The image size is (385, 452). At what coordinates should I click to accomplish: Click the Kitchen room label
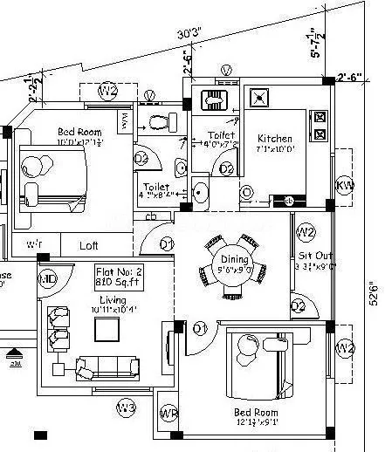pyautogui.click(x=274, y=139)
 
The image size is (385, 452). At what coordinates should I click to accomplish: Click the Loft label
pyautogui.click(x=89, y=246)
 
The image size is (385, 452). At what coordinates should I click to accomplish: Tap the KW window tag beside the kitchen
pyautogui.click(x=344, y=185)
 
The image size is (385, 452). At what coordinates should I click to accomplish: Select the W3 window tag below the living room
pyautogui.click(x=127, y=407)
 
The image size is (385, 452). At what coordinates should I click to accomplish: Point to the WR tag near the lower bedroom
pyautogui.click(x=168, y=413)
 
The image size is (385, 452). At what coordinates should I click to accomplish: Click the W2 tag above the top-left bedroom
pyautogui.click(x=107, y=90)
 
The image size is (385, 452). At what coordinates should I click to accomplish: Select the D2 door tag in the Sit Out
pyautogui.click(x=298, y=305)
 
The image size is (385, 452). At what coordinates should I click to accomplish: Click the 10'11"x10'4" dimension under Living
pyautogui.click(x=109, y=310)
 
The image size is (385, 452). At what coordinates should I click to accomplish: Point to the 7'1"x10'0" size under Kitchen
pyautogui.click(x=274, y=150)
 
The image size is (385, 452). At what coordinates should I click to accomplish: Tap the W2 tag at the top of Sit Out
pyautogui.click(x=305, y=232)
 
